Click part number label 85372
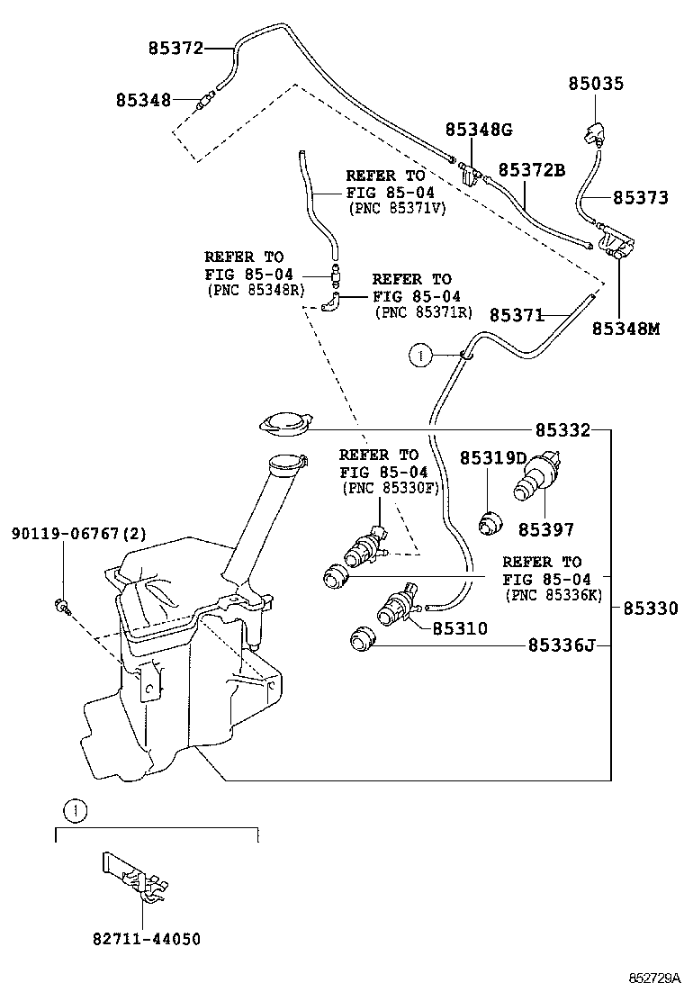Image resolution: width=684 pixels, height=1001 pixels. tap(176, 48)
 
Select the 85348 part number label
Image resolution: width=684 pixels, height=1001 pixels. tap(143, 100)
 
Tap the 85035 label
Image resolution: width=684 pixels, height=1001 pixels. tap(595, 84)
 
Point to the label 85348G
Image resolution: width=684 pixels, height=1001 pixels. tap(479, 131)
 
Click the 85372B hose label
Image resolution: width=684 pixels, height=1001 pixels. tap(531, 170)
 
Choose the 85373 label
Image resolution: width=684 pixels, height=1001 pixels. tap(641, 197)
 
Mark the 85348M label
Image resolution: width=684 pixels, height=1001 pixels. tap(625, 329)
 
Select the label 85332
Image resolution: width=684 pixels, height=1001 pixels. tap(563, 431)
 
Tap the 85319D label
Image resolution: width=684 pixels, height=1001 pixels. tap(493, 458)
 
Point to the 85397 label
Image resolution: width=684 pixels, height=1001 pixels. tap(545, 530)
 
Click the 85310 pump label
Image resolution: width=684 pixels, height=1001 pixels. tap(460, 628)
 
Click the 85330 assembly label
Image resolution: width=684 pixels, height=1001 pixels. tap(650, 609)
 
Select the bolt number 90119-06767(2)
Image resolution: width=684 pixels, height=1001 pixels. tap(78, 535)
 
